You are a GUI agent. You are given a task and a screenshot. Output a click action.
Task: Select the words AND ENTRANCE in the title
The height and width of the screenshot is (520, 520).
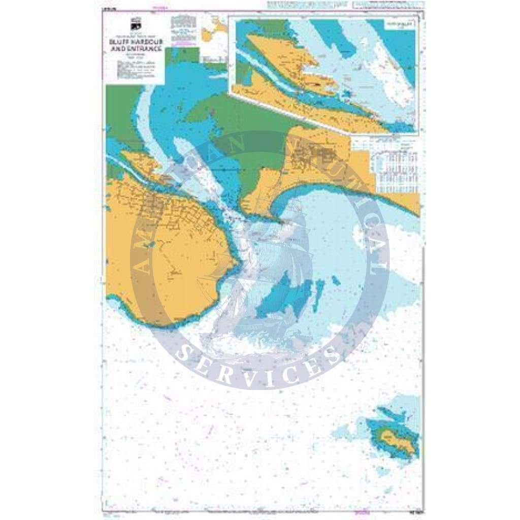pyautogui.click(x=136, y=49)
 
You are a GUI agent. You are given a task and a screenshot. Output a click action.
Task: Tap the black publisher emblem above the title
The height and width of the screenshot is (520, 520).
pyautogui.click(x=136, y=26)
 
